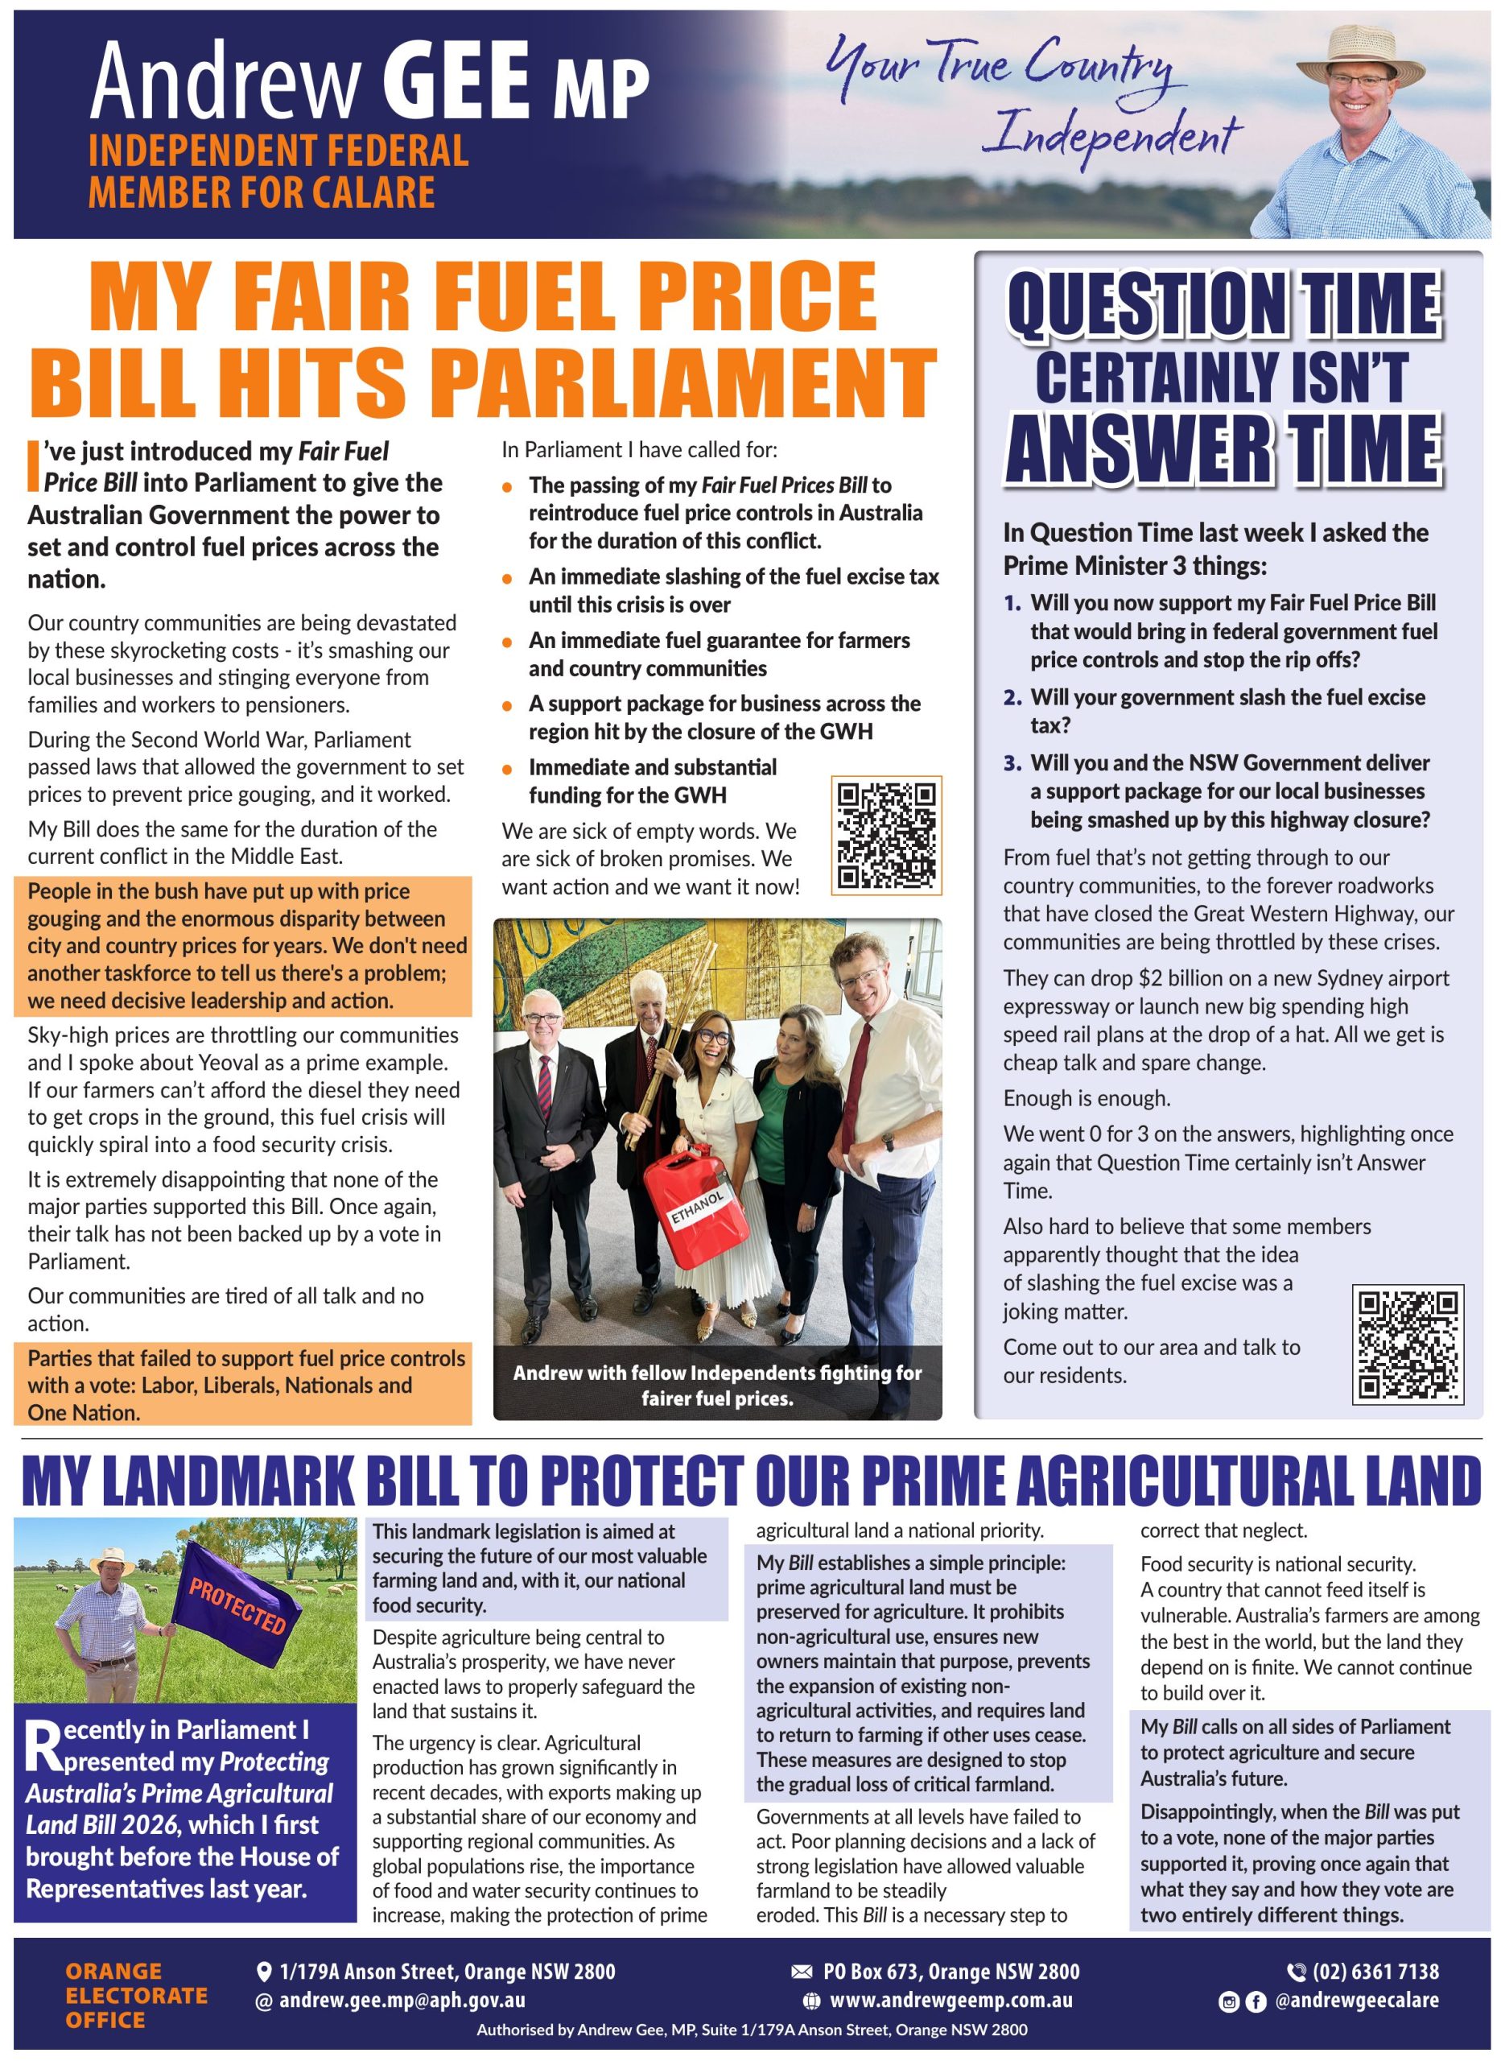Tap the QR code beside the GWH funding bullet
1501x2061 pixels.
coord(886,834)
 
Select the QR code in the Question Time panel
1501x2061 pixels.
coord(1407,1343)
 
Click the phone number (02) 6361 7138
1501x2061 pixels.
coord(1375,1971)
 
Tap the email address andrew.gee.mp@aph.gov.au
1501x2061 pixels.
coord(402,1999)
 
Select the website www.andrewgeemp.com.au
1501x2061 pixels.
coord(950,1999)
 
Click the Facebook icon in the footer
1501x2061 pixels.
coord(1256,2001)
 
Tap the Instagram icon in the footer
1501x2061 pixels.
coord(1229,2001)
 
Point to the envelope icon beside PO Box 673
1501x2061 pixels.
coord(802,1971)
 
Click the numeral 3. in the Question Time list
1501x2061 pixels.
coord(1013,762)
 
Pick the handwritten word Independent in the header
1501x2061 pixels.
coord(1115,136)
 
